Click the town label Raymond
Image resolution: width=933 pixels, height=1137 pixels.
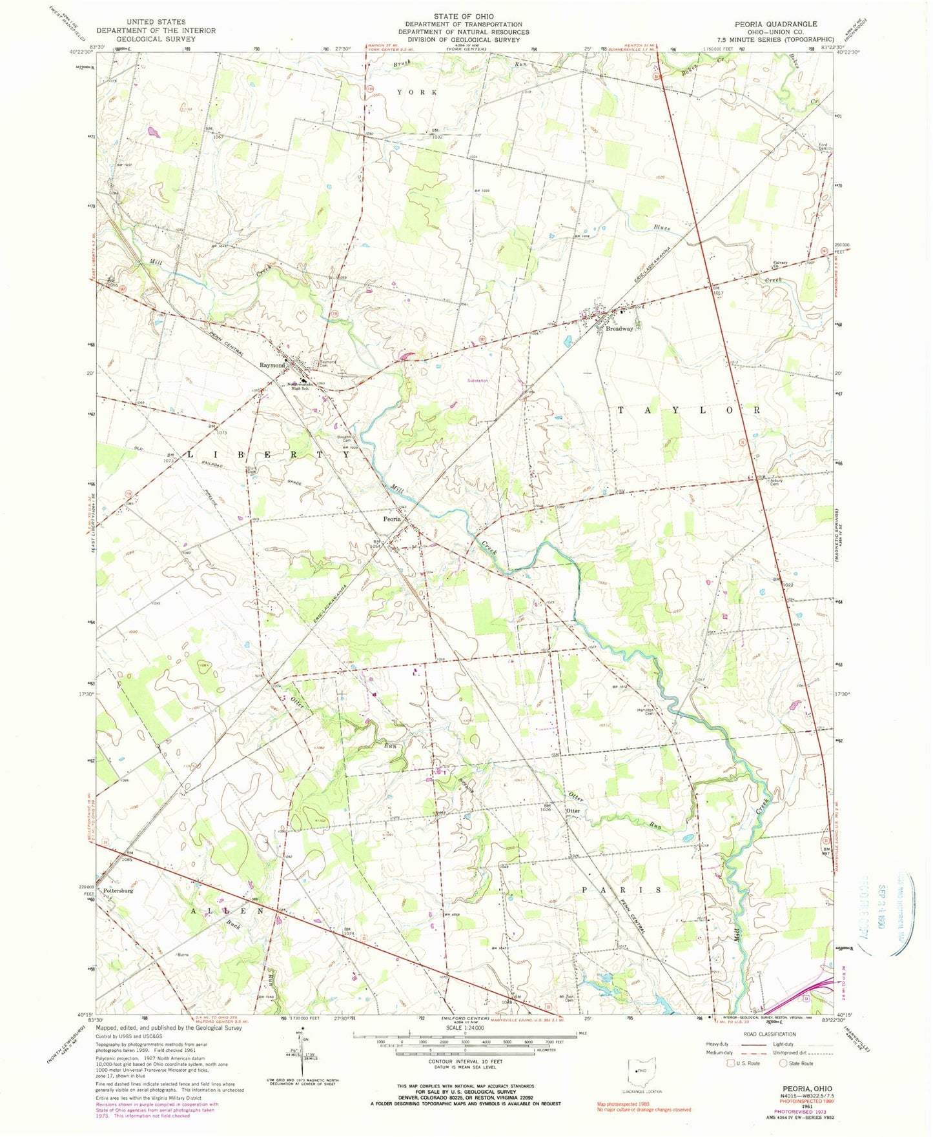pyautogui.click(x=272, y=365)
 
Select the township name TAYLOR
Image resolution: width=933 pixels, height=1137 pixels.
pyautogui.click(x=689, y=410)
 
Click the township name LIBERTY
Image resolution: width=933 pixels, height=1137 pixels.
pyautogui.click(x=269, y=455)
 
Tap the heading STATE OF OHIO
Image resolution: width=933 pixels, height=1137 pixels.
pyautogui.click(x=463, y=16)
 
